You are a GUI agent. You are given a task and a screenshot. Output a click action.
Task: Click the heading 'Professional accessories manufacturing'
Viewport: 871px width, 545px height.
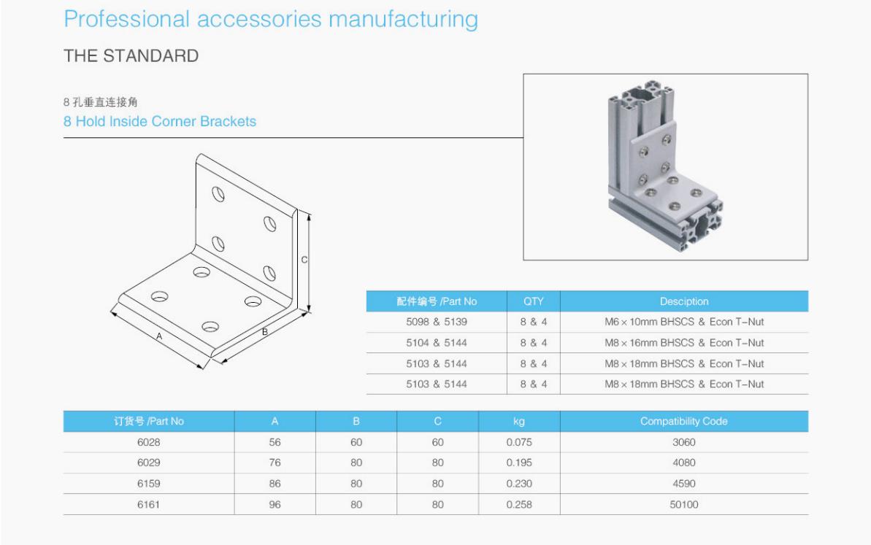tap(271, 20)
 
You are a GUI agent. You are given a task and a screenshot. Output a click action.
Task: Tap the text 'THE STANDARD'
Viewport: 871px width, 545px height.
tap(131, 56)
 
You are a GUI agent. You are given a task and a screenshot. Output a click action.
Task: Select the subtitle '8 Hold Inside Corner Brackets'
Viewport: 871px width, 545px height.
tap(160, 122)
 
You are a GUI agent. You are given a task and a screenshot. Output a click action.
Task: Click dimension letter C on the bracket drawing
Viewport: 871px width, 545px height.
tap(304, 259)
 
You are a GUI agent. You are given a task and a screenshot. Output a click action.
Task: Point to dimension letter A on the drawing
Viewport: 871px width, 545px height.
tap(159, 336)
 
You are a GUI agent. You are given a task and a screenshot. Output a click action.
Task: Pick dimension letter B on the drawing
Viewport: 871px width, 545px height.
tap(265, 332)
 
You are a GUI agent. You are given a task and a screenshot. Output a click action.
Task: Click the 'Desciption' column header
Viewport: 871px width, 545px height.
tap(684, 301)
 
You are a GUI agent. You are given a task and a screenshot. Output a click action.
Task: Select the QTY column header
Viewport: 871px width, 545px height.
tap(533, 301)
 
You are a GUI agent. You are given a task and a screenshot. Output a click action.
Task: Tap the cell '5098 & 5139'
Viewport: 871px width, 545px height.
tap(437, 322)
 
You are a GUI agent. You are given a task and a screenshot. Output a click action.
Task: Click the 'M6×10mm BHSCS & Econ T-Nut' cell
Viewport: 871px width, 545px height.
tap(684, 322)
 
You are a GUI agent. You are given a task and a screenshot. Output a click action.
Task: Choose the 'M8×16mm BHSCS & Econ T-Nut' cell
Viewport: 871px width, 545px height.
tap(684, 343)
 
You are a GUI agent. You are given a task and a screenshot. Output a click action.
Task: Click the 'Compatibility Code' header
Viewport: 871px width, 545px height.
tap(684, 421)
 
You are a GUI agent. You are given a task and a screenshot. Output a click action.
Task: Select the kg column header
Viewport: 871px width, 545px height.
tap(519, 422)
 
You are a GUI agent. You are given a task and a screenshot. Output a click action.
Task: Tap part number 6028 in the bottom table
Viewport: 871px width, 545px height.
tap(148, 442)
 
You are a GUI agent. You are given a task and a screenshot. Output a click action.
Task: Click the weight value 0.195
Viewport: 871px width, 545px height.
tap(519, 463)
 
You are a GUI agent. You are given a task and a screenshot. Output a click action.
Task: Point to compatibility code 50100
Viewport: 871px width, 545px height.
tap(684, 504)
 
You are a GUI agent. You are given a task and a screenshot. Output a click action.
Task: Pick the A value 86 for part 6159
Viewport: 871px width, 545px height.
tap(275, 484)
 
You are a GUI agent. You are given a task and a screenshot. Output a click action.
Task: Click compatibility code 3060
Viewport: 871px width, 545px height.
tap(684, 442)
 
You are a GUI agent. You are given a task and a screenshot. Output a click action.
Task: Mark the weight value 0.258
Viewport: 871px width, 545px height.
tap(519, 504)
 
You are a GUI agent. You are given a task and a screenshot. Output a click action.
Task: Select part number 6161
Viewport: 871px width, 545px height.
tap(148, 504)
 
